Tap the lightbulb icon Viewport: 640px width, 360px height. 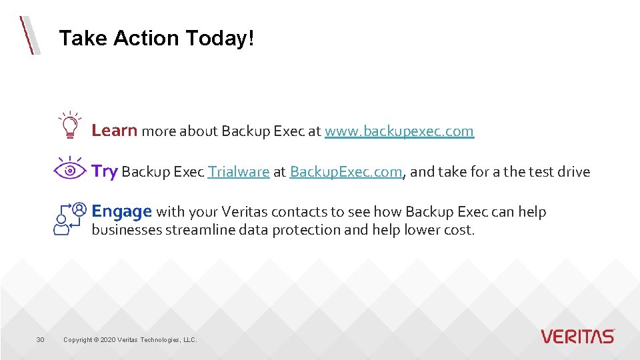tap(69, 125)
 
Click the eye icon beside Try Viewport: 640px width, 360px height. tap(70, 169)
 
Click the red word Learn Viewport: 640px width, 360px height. tap(114, 131)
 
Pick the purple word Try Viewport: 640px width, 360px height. tap(104, 171)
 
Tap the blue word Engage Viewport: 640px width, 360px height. tap(122, 212)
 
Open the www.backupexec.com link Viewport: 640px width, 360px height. tap(399, 131)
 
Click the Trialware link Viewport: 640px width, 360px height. tap(238, 172)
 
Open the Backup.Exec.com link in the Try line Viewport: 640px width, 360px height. tap(346, 172)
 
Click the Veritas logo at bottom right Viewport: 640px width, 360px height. tap(577, 336)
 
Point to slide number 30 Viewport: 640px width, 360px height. tap(40, 340)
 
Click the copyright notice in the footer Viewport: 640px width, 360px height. tap(130, 340)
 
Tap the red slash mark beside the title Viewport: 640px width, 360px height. tap(29, 35)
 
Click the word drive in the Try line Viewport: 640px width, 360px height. tap(573, 172)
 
